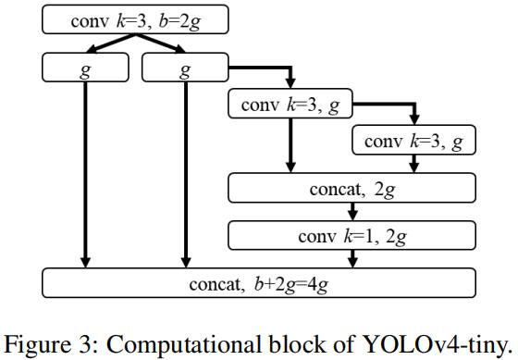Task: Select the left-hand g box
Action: click(x=84, y=68)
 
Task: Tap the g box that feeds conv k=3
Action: click(x=185, y=68)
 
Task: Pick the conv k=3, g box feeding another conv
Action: click(x=290, y=105)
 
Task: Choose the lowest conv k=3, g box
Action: click(x=413, y=142)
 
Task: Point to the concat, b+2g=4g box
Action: click(x=259, y=282)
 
